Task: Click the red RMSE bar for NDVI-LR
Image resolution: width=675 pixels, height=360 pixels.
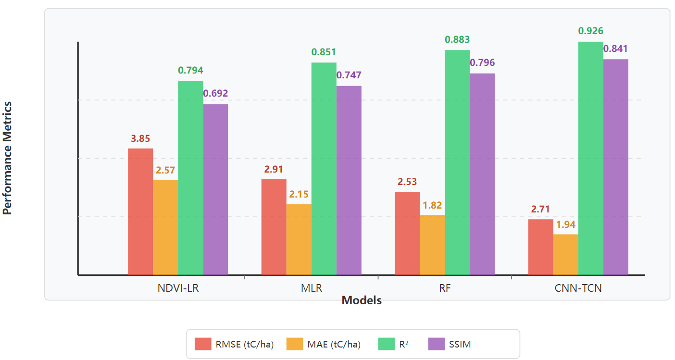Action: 140,211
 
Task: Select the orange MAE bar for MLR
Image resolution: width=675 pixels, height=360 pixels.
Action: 299,239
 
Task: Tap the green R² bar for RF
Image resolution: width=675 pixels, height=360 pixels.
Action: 457,162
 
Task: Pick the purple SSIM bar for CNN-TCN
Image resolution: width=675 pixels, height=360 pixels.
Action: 616,167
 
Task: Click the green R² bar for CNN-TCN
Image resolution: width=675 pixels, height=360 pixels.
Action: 590,158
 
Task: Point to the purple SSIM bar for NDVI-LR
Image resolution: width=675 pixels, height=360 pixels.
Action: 215,189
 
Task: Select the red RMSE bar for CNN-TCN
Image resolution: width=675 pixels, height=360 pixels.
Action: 540,247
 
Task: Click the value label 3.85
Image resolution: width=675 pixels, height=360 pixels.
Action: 140,139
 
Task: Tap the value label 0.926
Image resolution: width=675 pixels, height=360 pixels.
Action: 590,31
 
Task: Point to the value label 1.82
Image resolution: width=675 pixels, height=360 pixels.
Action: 432,205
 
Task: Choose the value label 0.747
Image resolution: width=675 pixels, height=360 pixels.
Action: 349,75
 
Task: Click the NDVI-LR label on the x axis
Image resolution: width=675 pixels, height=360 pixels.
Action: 178,289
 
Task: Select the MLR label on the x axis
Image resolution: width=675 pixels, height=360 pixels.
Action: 312,289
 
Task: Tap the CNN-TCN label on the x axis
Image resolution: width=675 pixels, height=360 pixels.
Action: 578,289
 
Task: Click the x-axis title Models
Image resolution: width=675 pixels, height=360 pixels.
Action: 362,301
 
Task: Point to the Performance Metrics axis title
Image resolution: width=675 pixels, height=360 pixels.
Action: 7,158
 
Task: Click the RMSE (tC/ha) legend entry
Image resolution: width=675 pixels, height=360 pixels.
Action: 234,344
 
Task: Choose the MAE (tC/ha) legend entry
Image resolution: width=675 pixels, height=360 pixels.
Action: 324,344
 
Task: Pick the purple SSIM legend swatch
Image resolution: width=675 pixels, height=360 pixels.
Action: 436,344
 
